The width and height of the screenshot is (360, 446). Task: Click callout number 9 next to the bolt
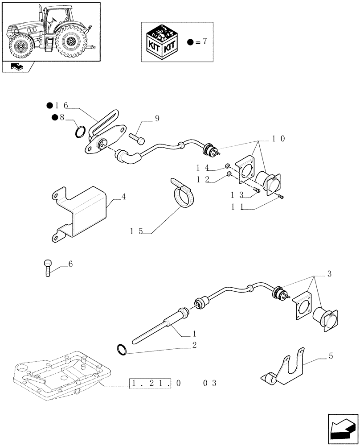tap(157, 119)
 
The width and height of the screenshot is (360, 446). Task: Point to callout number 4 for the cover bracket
tap(123, 197)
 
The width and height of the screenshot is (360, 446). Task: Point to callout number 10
tap(278, 139)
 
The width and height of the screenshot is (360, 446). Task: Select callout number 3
tap(329, 273)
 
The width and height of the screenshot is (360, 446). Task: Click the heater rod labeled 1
tap(156, 330)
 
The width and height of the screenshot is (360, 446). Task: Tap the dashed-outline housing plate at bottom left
tap(62, 375)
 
